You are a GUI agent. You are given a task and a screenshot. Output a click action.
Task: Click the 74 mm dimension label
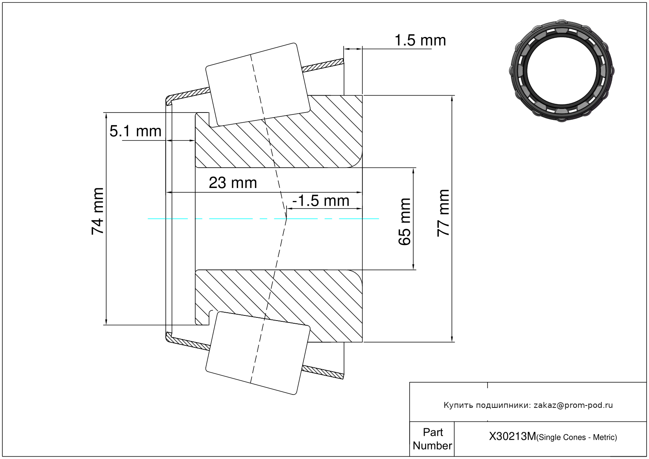coord(98,212)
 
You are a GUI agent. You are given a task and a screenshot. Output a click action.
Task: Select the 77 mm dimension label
coord(444,213)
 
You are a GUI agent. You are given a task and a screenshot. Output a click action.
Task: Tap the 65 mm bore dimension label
coord(405,222)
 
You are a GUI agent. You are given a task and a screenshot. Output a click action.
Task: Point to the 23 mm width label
coord(233,183)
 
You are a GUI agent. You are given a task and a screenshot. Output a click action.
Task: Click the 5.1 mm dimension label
coord(135,131)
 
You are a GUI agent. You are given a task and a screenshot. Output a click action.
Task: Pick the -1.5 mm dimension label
coord(320,201)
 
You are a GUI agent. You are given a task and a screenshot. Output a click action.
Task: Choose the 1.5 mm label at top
coord(420,41)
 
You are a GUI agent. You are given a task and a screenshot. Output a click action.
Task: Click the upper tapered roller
coord(258,84)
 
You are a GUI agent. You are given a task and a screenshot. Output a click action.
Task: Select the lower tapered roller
coord(258,353)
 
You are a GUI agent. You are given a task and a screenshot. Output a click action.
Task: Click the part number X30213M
coord(512,437)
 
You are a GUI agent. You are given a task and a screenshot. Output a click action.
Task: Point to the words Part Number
coord(432,439)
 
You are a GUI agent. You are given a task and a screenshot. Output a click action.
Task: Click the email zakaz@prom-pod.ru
coord(573,405)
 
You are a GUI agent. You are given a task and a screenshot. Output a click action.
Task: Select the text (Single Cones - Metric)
coord(577,437)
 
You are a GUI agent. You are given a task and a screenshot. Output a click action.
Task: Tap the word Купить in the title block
coord(458,405)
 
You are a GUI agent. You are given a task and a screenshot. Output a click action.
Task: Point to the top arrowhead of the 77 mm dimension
coord(452,98)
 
